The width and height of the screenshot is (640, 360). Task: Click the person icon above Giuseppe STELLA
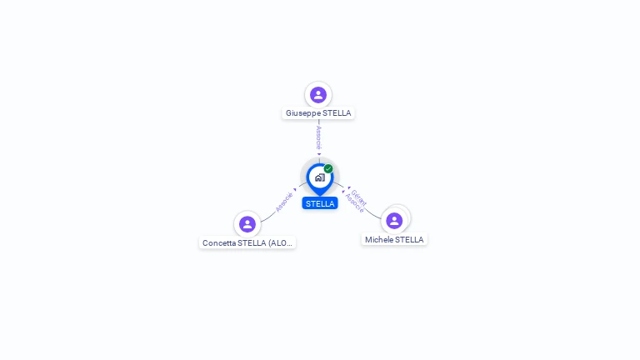tap(317, 95)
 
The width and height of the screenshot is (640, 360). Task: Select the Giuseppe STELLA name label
tap(318, 113)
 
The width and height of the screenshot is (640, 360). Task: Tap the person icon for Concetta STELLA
tap(247, 224)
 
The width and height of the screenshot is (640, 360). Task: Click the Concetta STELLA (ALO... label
tap(247, 243)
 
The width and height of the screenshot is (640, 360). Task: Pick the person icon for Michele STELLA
tap(394, 221)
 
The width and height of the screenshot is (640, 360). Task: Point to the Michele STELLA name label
tap(394, 240)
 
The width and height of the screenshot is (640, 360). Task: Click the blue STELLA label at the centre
tap(320, 203)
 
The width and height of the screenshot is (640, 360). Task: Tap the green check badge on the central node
tap(328, 169)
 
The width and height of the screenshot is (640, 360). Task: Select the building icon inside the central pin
tap(319, 177)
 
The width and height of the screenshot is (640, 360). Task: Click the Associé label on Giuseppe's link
tap(318, 137)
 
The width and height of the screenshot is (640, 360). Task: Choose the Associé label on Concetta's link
tap(284, 202)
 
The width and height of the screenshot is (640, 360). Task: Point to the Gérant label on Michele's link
tap(359, 197)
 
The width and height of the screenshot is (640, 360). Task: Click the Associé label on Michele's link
tap(354, 203)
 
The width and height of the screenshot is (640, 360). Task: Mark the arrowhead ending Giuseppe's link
tap(319, 154)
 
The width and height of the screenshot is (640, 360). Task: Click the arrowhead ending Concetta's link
tap(296, 189)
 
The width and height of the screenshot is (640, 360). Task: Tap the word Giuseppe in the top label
tap(303, 113)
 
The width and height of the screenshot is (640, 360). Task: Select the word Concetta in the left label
tap(219, 243)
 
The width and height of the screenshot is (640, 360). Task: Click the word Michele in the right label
tap(379, 240)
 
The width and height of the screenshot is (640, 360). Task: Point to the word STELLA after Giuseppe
tap(337, 113)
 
